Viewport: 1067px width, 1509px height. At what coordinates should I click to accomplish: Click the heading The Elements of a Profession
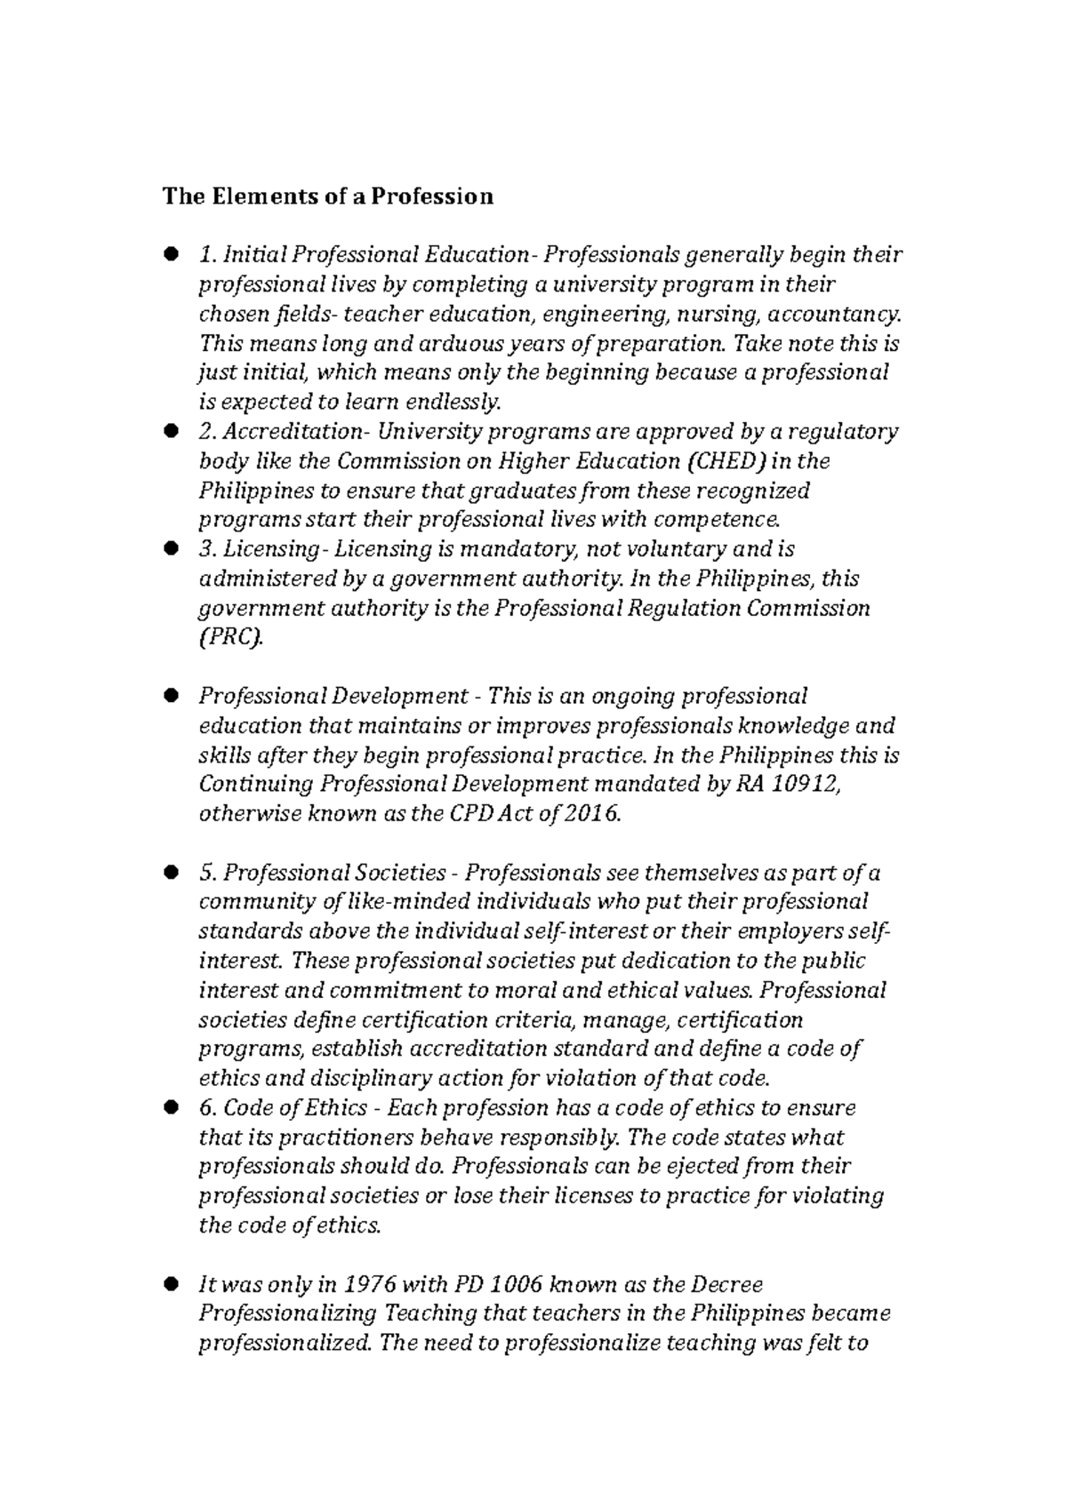pos(327,196)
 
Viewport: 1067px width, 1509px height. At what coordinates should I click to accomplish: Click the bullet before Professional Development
pos(172,696)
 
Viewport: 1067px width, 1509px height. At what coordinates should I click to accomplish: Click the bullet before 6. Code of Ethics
pos(172,1107)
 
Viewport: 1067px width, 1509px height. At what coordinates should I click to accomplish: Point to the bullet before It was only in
pos(172,1284)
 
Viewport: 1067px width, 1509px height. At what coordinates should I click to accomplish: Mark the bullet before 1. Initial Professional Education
pos(172,256)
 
